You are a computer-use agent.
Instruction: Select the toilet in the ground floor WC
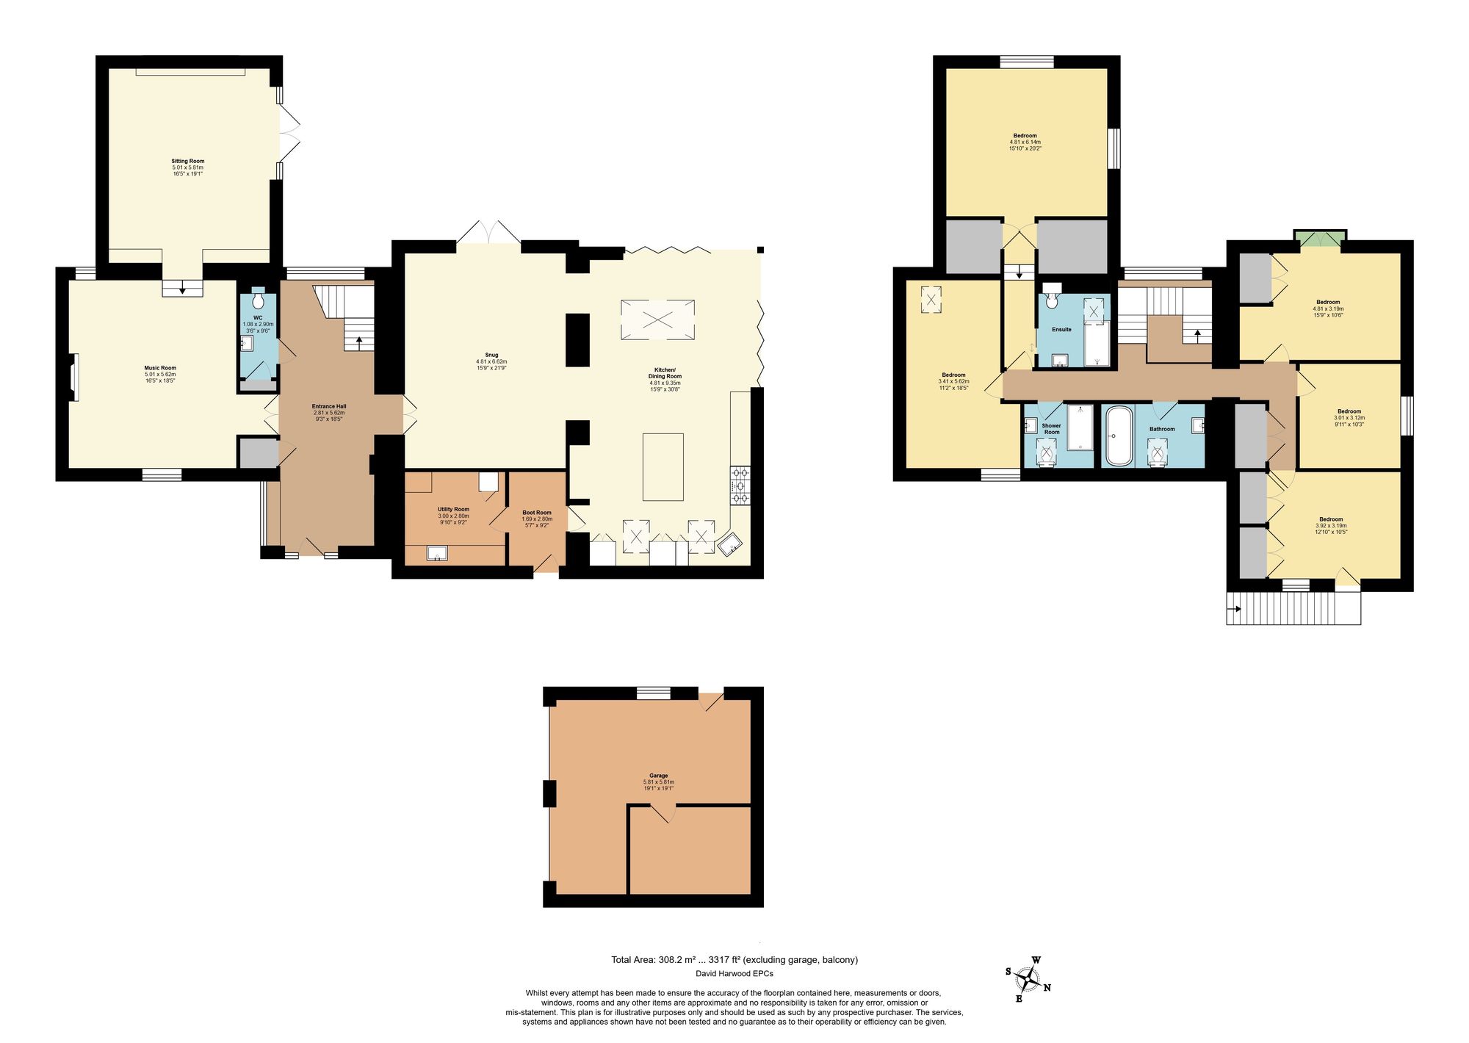coord(258,301)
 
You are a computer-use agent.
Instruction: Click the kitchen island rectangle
coord(663,467)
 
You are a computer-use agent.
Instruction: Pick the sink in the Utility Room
coord(437,553)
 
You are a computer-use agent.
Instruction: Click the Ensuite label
coord(1061,330)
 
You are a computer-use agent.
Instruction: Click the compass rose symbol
coord(1029,980)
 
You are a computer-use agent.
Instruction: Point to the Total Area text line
coord(734,959)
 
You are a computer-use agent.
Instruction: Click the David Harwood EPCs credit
coord(734,973)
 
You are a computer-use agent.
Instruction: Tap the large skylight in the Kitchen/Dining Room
coord(657,320)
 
